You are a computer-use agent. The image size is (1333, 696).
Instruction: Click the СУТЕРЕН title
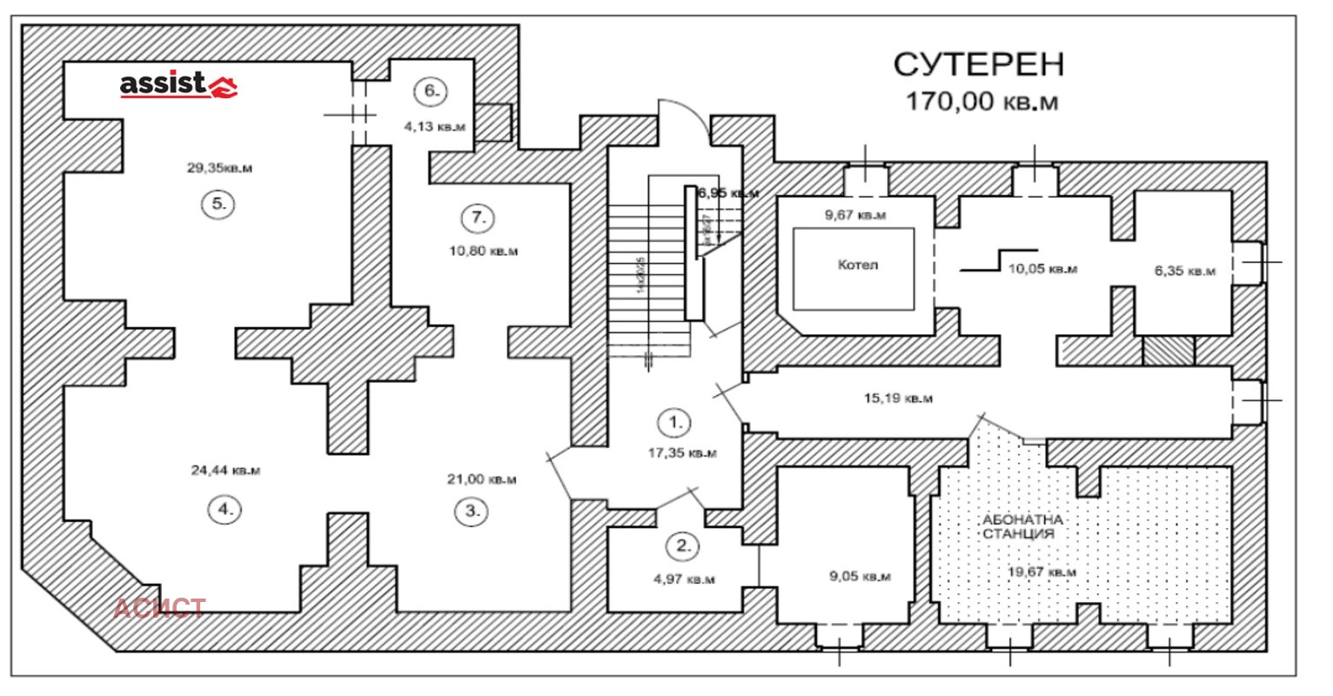coord(980,64)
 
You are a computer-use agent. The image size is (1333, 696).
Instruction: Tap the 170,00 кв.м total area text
coord(982,102)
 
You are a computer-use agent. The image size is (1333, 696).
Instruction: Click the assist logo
coord(178,84)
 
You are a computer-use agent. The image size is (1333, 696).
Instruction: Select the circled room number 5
coord(218,205)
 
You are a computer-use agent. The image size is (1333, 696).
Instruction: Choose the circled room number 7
coord(479,218)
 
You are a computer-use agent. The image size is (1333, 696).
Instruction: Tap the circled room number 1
coord(675,423)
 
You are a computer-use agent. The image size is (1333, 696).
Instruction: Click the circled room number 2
coord(682,546)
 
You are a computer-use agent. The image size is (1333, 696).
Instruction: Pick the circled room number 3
coord(472,511)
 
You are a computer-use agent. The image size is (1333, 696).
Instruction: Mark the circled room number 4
coord(225,511)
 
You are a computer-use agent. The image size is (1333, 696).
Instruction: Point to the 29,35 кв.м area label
coord(219,169)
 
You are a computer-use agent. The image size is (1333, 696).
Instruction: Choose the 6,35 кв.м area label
coord(1184,271)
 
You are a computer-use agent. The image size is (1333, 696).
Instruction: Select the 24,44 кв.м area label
coord(225,471)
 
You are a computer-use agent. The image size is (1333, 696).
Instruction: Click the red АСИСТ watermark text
coord(160,607)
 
